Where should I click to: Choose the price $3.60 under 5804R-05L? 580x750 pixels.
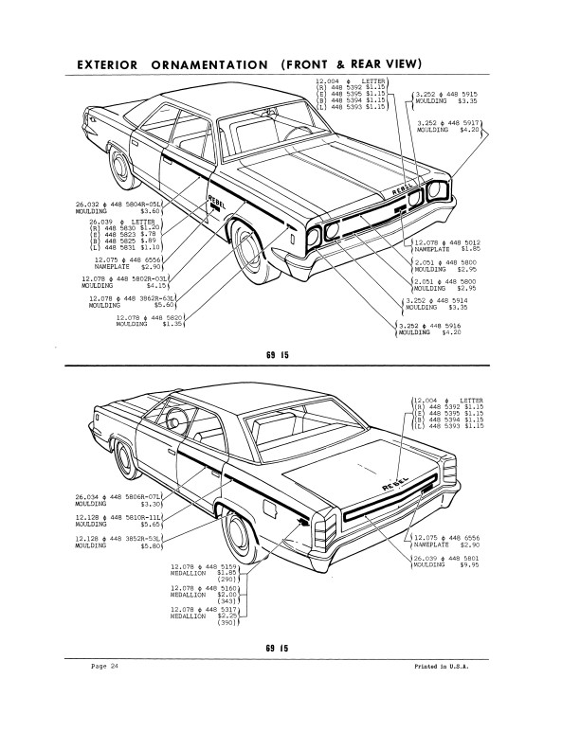click(x=152, y=211)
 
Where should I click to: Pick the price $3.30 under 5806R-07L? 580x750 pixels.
click(x=152, y=505)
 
